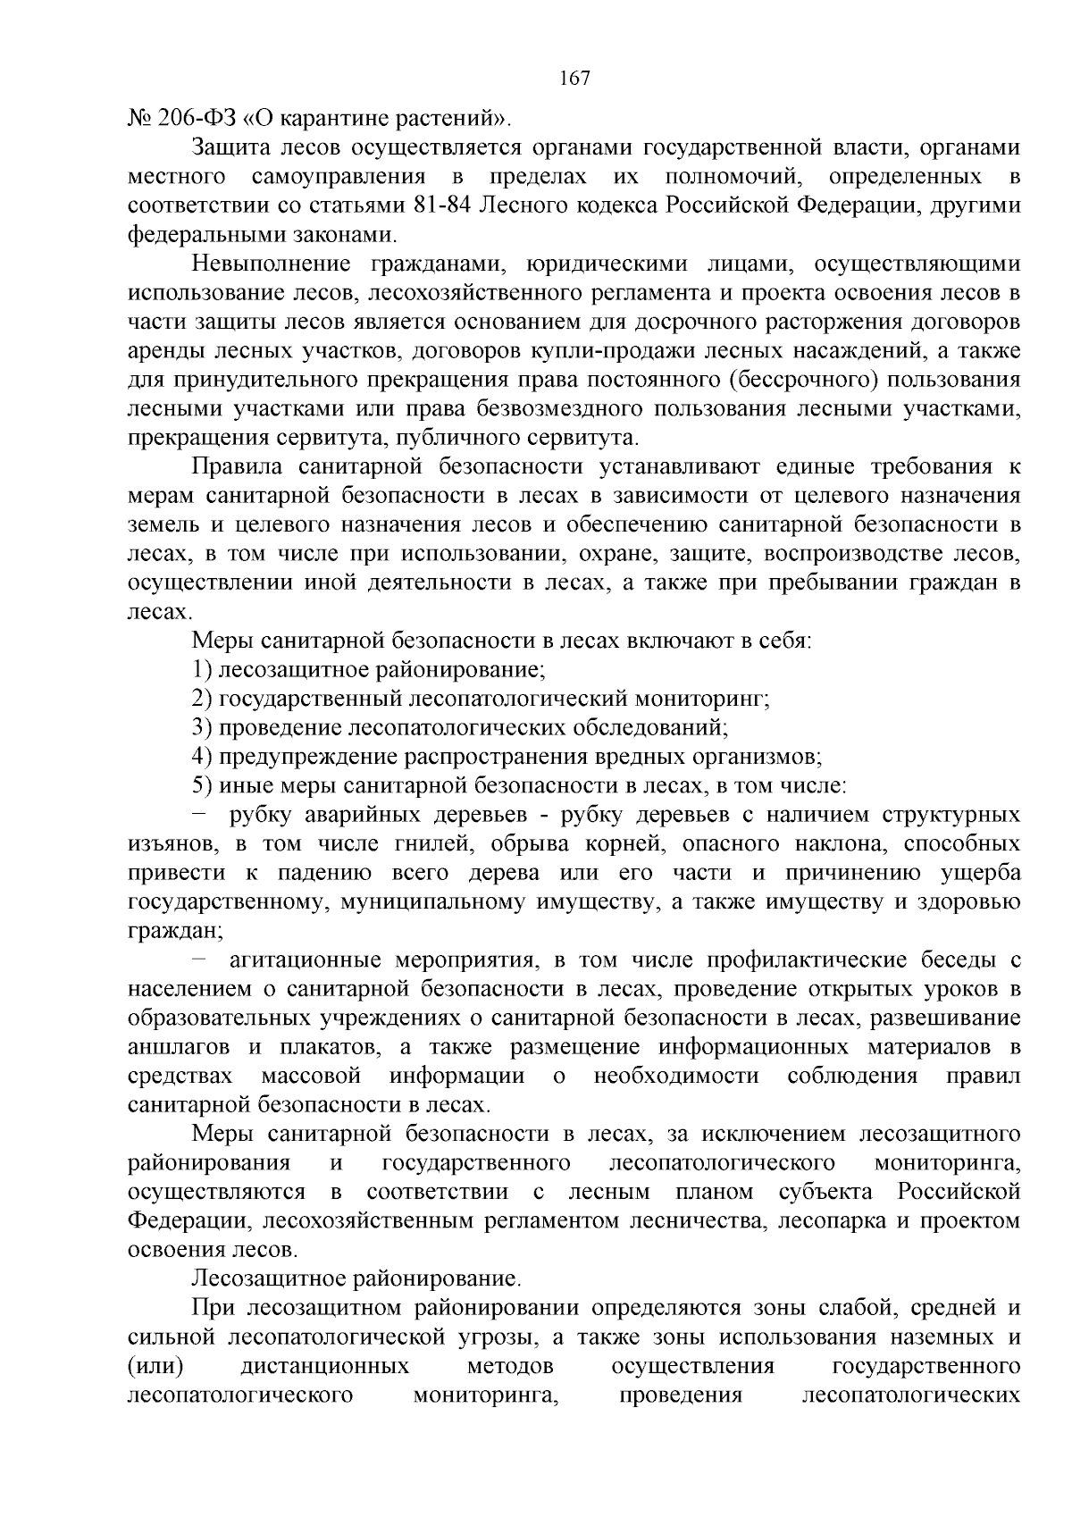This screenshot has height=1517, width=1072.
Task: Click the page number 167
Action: point(574,79)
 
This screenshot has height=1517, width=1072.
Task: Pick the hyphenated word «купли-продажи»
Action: point(531,351)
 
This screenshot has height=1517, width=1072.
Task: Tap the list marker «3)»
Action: point(201,728)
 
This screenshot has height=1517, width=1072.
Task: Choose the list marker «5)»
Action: point(201,786)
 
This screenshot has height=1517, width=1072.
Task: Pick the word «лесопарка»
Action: point(830,1221)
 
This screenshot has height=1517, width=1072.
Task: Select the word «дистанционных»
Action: point(325,1366)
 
